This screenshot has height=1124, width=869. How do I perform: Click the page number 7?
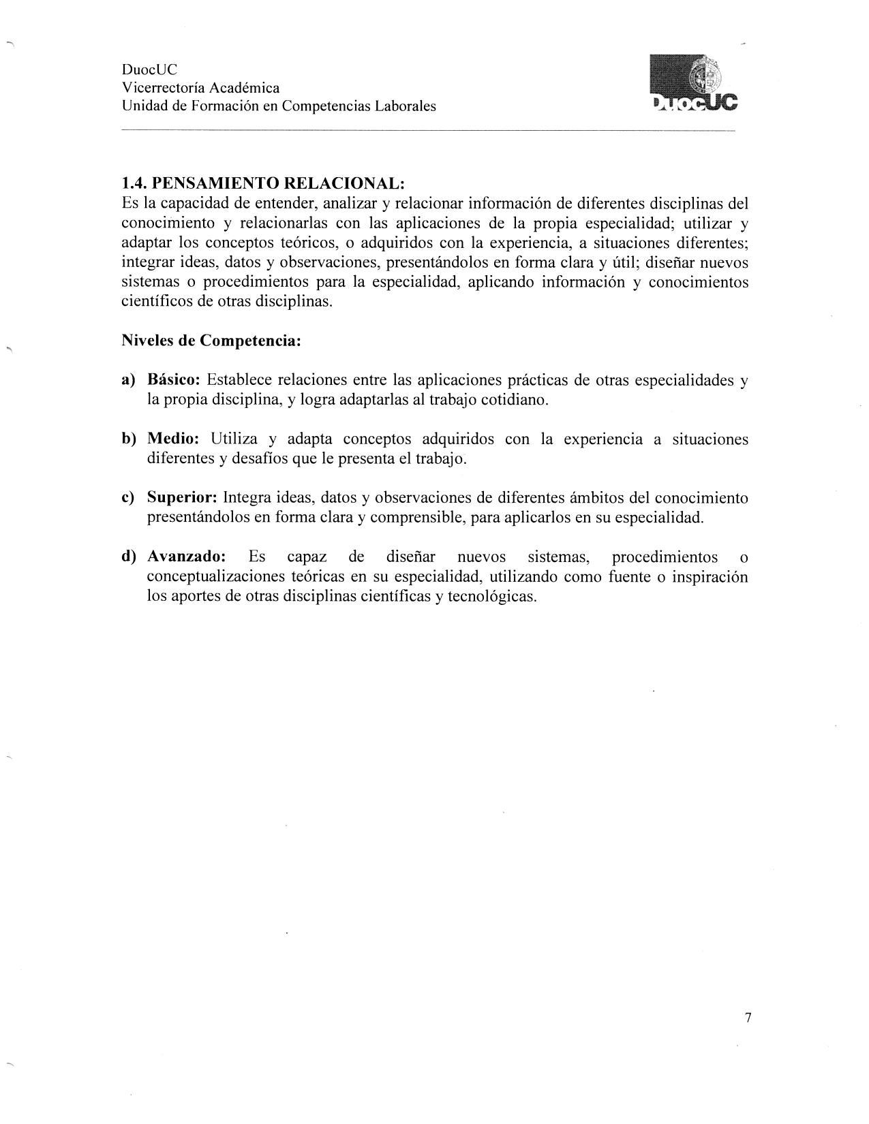click(x=748, y=1018)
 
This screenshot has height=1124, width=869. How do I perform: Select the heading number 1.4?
click(x=134, y=183)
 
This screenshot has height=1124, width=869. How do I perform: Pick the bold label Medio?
click(x=172, y=439)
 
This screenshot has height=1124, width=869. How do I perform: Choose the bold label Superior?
click(x=182, y=498)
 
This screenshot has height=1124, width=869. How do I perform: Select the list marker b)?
click(x=129, y=439)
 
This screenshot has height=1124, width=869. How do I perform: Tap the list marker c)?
click(x=129, y=498)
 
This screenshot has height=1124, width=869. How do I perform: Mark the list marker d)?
click(x=129, y=557)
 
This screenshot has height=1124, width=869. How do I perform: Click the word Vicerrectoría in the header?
click(x=162, y=88)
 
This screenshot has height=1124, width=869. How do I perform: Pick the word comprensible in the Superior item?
click(x=413, y=518)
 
